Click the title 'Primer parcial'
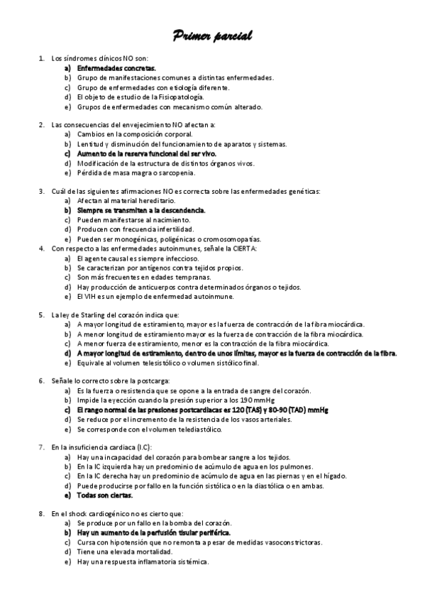click(212, 35)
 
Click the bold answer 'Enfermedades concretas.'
click(111, 67)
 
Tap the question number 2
click(41, 124)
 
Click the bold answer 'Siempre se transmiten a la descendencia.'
click(142, 210)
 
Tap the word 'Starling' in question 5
click(84, 314)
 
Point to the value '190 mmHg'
click(248, 400)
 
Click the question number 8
click(41, 513)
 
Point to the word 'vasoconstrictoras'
click(294, 542)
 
